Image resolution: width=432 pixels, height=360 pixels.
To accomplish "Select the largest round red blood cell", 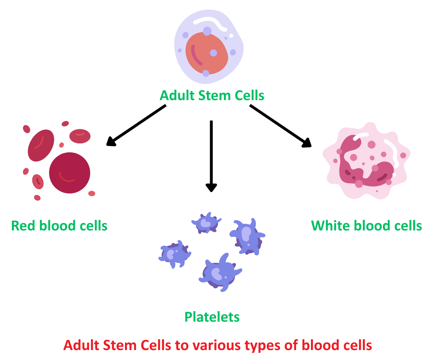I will pyautogui.click(x=70, y=173).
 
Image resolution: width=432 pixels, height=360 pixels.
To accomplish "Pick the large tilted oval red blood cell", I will pyautogui.click(x=41, y=145).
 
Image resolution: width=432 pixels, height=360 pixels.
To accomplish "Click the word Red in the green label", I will pyautogui.click(x=23, y=226).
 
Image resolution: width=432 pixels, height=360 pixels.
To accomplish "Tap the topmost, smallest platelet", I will pyautogui.click(x=206, y=223).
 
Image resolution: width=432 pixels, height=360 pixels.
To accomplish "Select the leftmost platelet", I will pyautogui.click(x=174, y=254).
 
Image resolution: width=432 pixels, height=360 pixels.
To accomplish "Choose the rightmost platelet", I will pyautogui.click(x=247, y=236).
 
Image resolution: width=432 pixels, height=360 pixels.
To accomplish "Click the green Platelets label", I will pyautogui.click(x=212, y=317).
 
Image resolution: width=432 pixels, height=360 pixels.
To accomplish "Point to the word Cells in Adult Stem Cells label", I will pyautogui.click(x=251, y=96).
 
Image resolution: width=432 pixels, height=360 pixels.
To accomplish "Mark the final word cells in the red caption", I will pyautogui.click(x=357, y=345).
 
